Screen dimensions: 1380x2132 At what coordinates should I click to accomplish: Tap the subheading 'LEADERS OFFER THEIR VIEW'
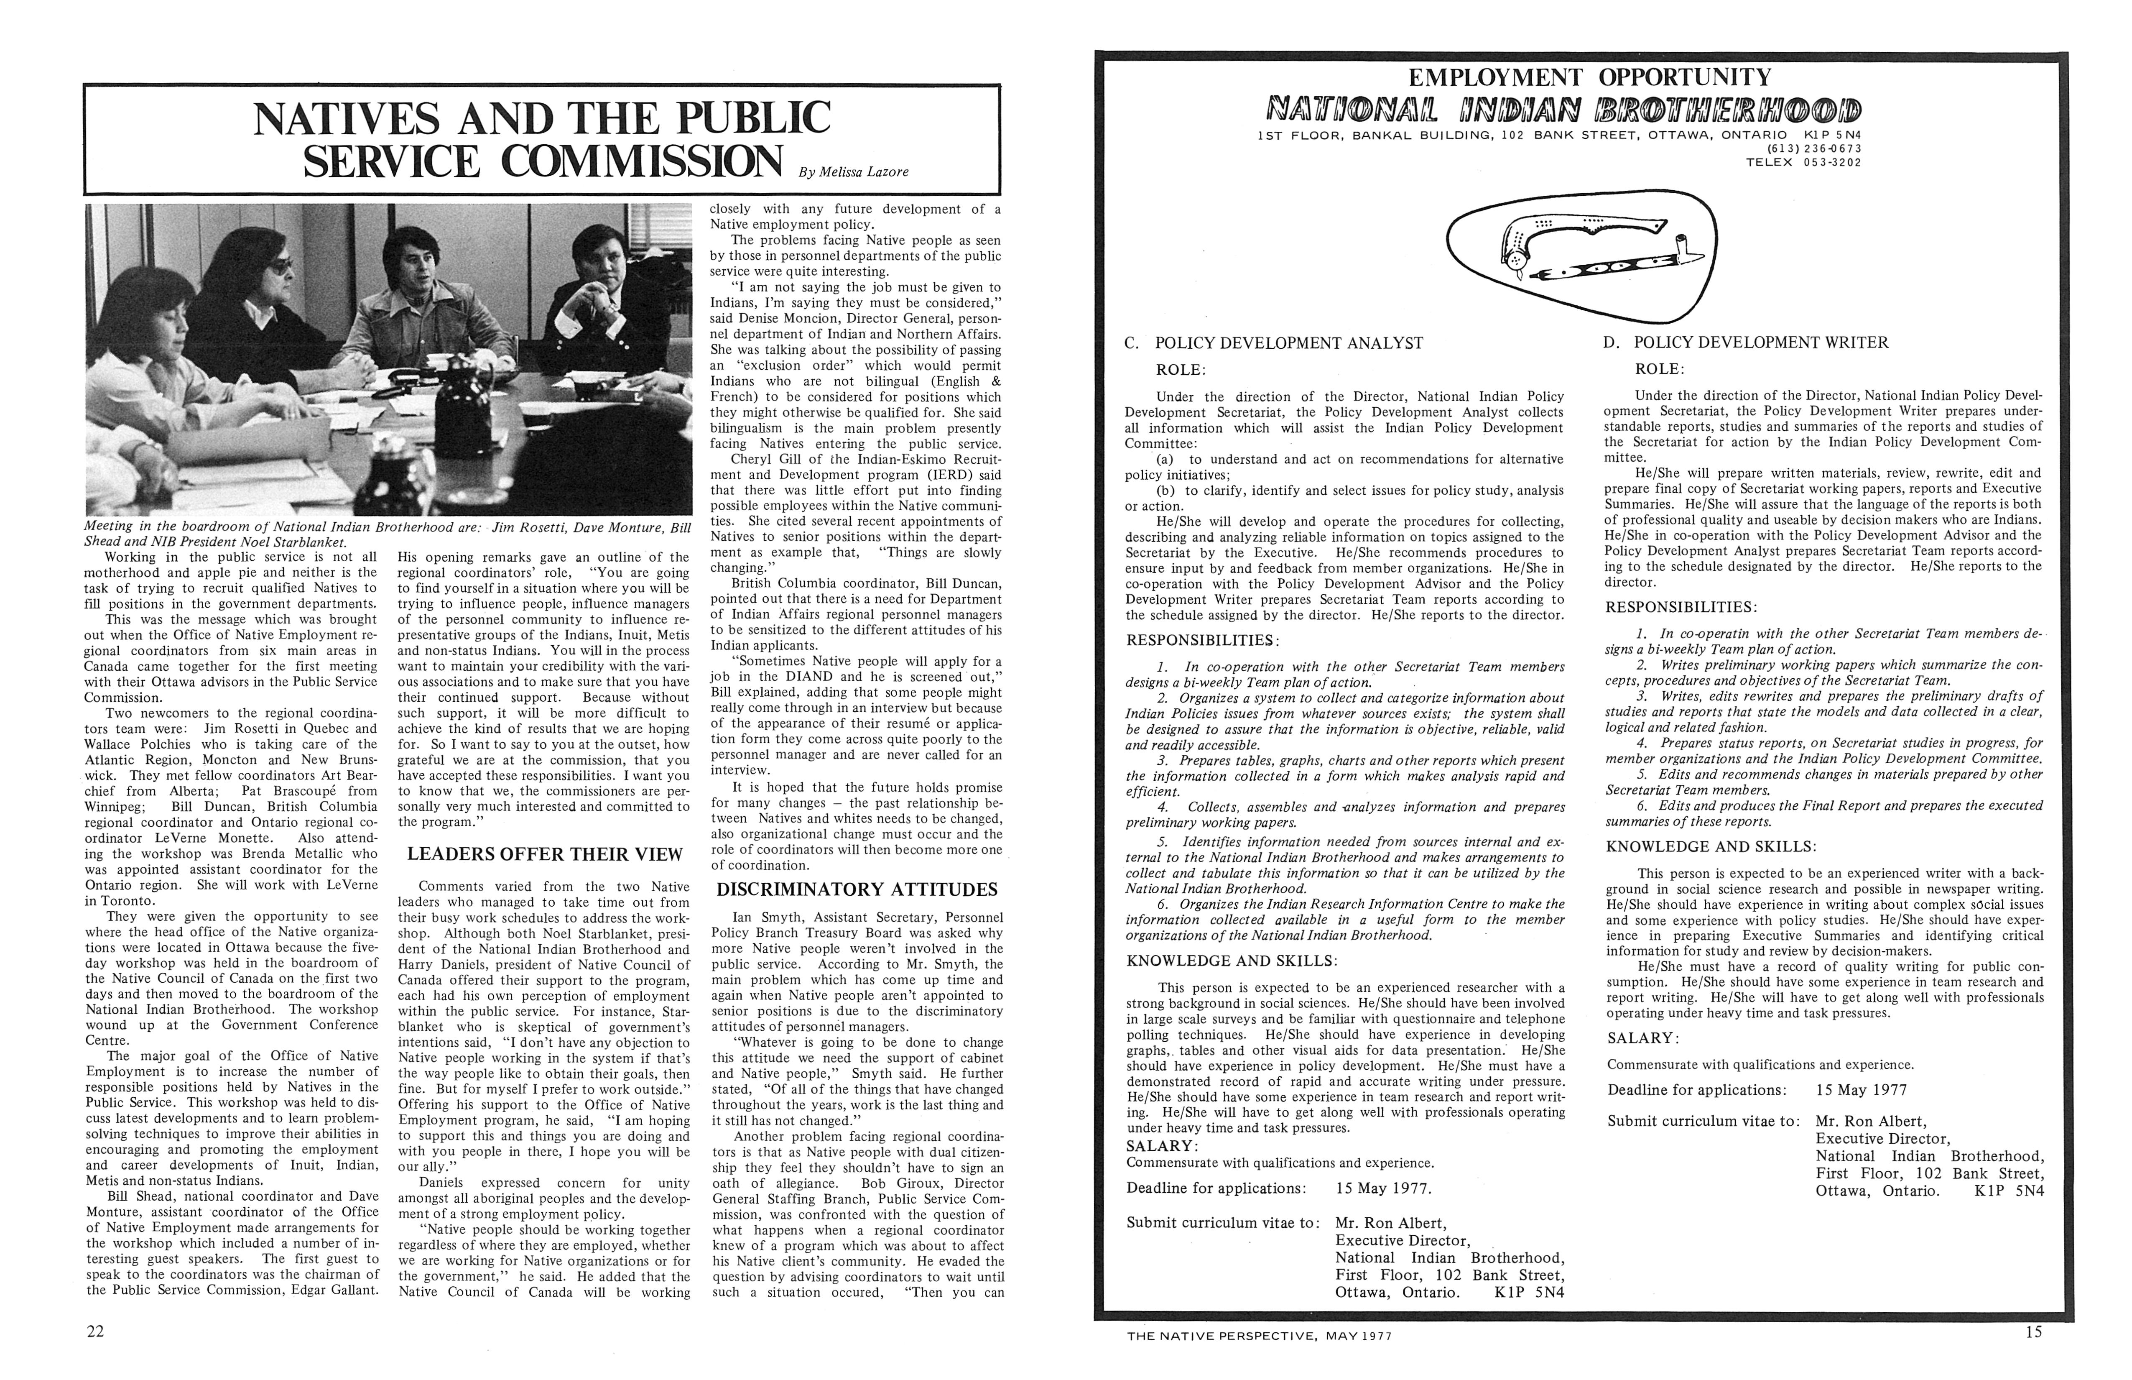tap(545, 854)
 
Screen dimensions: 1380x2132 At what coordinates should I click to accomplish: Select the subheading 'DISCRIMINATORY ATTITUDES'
tap(857, 889)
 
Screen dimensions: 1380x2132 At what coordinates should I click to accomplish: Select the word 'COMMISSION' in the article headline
tap(641, 161)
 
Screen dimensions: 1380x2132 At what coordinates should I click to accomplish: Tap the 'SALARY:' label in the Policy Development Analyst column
tap(1162, 1146)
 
